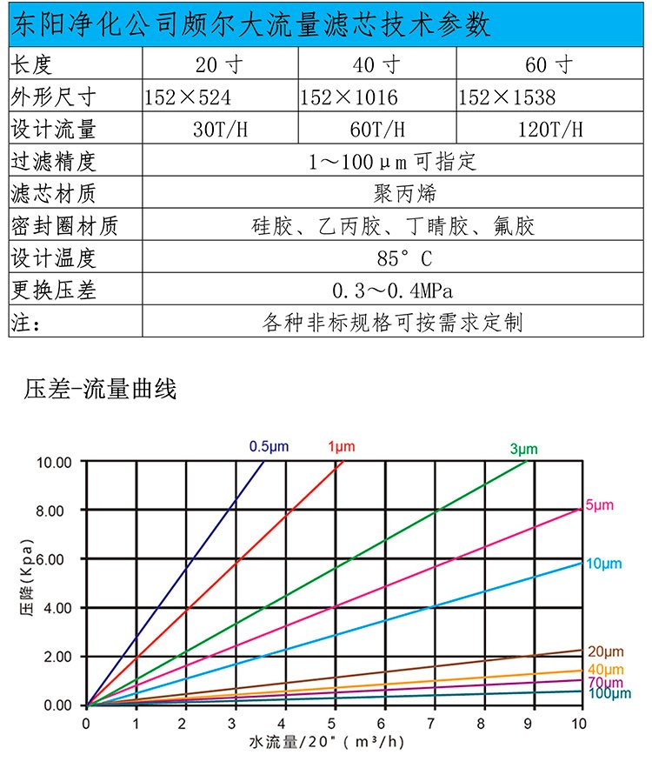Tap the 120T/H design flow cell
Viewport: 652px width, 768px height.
549,130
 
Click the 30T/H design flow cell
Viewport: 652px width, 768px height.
220,130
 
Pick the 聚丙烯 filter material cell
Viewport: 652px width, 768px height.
393,193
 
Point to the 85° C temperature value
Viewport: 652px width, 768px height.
393,258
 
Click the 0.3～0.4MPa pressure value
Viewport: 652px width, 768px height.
393,290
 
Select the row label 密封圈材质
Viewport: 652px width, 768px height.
63,226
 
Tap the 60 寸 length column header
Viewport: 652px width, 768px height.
549,64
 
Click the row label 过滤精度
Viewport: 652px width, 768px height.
52,162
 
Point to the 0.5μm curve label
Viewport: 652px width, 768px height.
269,446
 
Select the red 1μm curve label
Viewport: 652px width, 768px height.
341,446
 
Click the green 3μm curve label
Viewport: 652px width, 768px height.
523,449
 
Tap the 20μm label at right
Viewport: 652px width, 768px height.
607,651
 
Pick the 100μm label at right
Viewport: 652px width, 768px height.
609,693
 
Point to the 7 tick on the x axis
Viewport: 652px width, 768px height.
432,724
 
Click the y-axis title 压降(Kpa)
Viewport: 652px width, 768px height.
25,583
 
